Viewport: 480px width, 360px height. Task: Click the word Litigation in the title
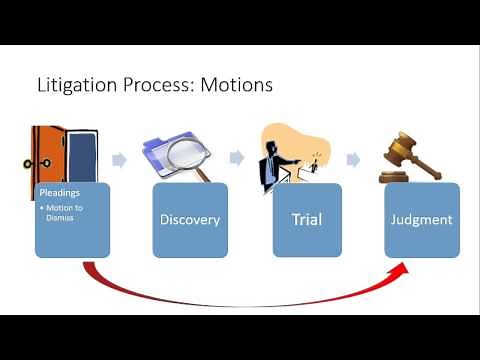pyautogui.click(x=72, y=85)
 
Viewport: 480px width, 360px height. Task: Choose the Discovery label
pyautogui.click(x=189, y=218)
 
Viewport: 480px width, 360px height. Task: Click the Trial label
pyautogui.click(x=307, y=218)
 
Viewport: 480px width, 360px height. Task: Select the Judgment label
pyautogui.click(x=421, y=218)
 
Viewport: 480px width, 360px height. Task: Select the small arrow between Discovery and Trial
pyautogui.click(x=237, y=159)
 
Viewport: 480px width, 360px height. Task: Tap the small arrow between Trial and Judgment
pyautogui.click(x=352, y=159)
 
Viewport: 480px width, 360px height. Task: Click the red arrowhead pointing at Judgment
pyautogui.click(x=404, y=268)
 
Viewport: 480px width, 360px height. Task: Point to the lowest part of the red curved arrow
pyautogui.click(x=240, y=305)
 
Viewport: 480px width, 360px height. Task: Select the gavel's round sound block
pyautogui.click(x=393, y=177)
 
